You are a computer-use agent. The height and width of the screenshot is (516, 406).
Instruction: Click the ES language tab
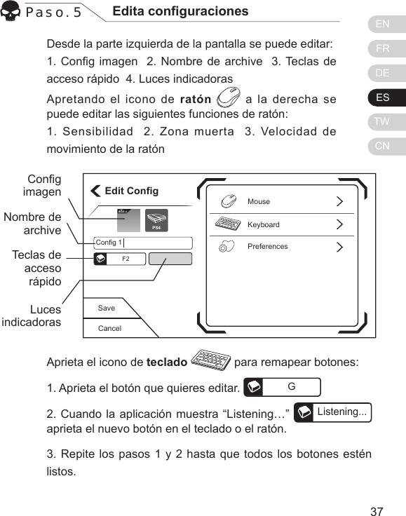coord(383,97)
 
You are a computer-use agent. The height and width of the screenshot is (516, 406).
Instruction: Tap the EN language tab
coord(383,25)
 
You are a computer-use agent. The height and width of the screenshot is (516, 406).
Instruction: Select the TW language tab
coord(383,122)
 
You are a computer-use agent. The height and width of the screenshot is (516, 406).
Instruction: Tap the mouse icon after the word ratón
coord(229,98)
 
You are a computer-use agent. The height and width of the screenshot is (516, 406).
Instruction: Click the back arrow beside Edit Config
coord(96,191)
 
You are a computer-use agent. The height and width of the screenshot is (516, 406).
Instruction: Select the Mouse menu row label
coord(259,202)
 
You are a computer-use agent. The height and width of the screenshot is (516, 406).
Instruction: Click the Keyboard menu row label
coord(264,225)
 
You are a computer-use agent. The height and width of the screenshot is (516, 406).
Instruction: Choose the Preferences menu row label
coord(268,247)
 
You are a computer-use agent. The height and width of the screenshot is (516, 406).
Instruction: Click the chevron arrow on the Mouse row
coord(340,202)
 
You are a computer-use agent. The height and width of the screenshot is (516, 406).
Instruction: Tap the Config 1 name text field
coord(143,243)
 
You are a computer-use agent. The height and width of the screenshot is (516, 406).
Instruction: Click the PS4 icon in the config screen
coord(157,220)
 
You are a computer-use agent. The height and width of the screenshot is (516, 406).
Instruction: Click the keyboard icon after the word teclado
coord(211,362)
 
